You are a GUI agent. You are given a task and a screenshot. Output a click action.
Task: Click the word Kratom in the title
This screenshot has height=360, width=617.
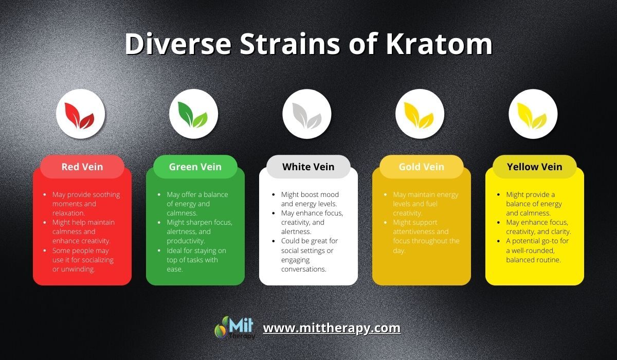439,44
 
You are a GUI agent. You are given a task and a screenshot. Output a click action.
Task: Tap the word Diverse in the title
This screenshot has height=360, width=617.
178,44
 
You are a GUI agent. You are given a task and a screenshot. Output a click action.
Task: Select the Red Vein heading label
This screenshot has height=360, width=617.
82,167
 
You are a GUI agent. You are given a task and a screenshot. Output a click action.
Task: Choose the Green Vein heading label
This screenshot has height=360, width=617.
195,167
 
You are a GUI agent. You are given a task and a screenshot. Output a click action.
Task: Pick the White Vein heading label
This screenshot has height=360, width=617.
308,167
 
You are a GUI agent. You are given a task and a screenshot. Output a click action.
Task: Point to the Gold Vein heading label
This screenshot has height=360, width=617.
422,167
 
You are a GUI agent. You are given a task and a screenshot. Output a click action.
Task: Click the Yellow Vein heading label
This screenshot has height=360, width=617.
534,167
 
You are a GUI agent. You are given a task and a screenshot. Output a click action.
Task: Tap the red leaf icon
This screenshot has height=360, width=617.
80,116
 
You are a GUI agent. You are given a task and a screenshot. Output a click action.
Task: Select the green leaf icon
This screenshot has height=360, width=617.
193,115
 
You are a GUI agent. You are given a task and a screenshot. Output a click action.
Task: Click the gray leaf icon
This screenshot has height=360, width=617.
306,116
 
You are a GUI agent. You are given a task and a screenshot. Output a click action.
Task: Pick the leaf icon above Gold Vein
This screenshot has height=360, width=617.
419,115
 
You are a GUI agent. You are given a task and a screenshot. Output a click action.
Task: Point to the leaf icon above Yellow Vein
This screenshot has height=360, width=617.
532,116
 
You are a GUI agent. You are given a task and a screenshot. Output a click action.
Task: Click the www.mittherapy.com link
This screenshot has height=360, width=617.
332,328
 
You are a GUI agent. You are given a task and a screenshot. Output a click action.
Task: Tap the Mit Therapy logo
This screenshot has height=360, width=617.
234,328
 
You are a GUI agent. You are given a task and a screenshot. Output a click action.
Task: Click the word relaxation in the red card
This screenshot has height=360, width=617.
68,213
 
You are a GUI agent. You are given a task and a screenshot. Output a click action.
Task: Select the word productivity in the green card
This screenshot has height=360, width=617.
186,241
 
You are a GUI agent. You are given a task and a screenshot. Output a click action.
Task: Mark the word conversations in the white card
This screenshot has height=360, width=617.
303,269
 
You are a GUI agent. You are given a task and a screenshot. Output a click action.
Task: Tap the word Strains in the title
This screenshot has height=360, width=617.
290,44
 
